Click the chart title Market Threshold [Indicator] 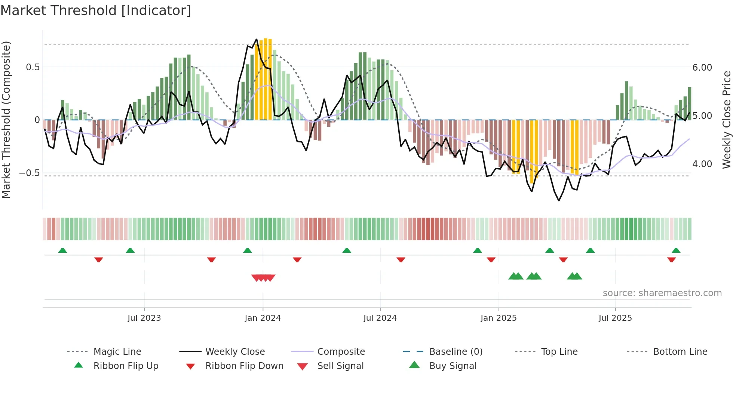pyautogui.click(x=96, y=10)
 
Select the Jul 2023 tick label pyautogui.click(x=144, y=318)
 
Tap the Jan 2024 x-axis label pyautogui.click(x=263, y=318)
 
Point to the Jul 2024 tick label pyautogui.click(x=380, y=318)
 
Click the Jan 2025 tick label pyautogui.click(x=499, y=318)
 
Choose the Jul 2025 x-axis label pyautogui.click(x=615, y=318)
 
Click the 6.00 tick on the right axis pyautogui.click(x=702, y=68)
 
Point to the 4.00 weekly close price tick pyautogui.click(x=702, y=164)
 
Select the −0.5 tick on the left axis pyautogui.click(x=30, y=173)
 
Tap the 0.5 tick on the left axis pyautogui.click(x=33, y=67)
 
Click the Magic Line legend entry pyautogui.click(x=117, y=351)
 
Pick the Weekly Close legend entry pyautogui.click(x=235, y=351)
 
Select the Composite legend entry pyautogui.click(x=341, y=351)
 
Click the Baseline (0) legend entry pyautogui.click(x=456, y=351)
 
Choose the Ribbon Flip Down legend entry pyautogui.click(x=244, y=366)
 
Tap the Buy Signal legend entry pyautogui.click(x=453, y=366)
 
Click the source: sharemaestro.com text pyautogui.click(x=662, y=293)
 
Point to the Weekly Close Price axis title pyautogui.click(x=726, y=120)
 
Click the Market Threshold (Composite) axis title pyautogui.click(x=6, y=120)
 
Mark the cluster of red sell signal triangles pyautogui.click(x=263, y=278)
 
